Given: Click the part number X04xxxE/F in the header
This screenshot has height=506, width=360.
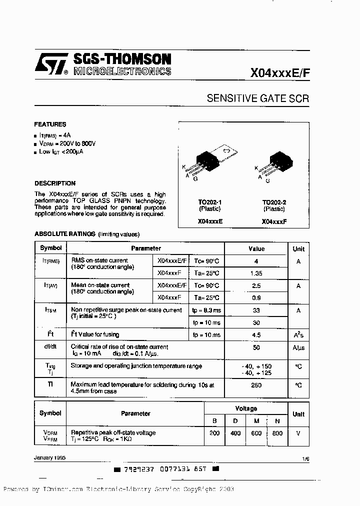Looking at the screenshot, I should [280, 72].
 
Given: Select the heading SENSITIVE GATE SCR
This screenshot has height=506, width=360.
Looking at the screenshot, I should [257, 98].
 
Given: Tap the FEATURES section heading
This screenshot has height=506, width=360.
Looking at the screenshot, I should [50, 124].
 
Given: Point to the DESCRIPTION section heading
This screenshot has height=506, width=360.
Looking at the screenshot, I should [55, 183].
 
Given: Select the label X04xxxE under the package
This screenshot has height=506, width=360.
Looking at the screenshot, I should [210, 221].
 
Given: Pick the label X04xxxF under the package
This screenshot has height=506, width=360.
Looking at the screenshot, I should [273, 221].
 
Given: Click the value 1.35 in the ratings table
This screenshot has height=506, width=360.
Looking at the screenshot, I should [256, 273].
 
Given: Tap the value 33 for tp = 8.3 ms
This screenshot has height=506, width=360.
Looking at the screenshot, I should [256, 310].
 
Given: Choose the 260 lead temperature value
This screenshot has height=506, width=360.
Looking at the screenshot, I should [256, 385].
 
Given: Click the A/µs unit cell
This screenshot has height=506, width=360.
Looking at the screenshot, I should [298, 347].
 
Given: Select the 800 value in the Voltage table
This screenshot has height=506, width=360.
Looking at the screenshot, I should [277, 433].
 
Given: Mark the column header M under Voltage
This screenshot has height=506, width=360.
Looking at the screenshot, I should [256, 421].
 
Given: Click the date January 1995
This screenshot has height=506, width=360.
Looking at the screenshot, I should [49, 457].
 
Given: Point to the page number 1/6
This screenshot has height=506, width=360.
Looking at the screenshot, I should [305, 457].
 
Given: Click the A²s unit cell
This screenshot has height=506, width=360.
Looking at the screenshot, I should [298, 335].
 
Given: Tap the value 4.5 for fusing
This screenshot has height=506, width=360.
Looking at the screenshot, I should [256, 335].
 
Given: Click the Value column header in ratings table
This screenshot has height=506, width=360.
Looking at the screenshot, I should [256, 248].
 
